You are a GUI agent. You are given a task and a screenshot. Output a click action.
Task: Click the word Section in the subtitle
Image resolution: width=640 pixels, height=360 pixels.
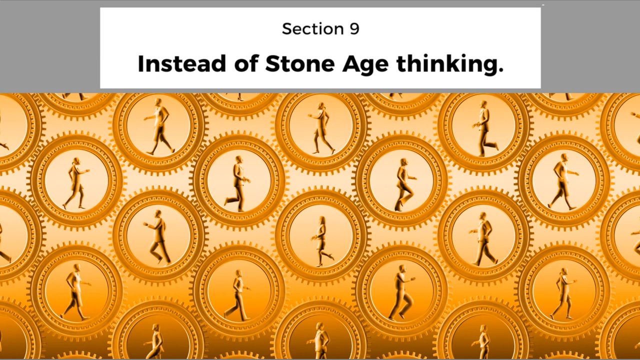coord(313,29)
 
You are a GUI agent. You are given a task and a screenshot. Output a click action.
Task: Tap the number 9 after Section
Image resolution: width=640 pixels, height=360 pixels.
coord(354,29)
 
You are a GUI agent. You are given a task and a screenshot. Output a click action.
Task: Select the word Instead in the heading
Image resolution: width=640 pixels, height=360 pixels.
coord(182,63)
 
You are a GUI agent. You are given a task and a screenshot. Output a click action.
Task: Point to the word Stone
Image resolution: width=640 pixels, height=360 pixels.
coord(299,63)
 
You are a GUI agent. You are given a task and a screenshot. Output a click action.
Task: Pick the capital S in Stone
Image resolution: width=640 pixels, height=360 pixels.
coord(272,63)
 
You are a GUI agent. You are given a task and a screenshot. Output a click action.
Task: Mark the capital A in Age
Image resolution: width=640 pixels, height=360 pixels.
coord(351,63)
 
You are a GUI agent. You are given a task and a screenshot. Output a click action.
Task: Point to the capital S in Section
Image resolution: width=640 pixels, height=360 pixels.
coord(287,29)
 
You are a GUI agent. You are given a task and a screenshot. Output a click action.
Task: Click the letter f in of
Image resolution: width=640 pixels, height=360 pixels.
coord(253,63)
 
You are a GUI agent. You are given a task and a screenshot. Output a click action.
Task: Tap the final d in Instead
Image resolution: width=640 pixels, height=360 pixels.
coord(219,63)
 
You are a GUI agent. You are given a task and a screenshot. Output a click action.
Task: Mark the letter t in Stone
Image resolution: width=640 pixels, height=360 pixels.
coord(285,64)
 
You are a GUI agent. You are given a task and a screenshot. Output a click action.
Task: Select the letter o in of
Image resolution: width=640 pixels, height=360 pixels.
coord(241,65)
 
